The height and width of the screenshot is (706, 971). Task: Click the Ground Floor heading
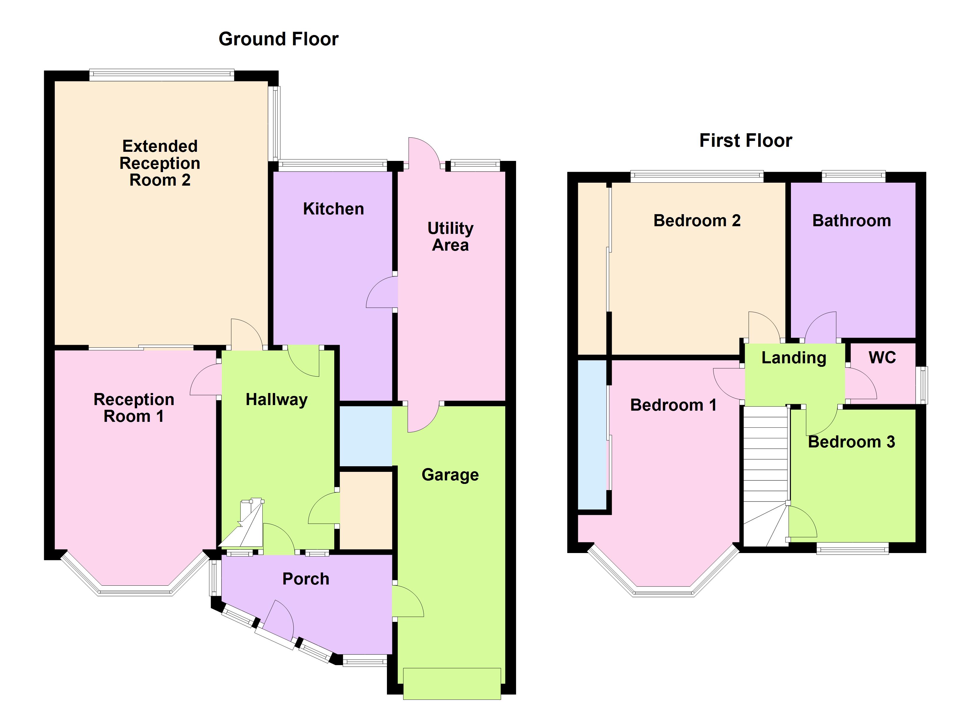tap(278, 39)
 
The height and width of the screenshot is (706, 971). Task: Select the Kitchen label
tap(333, 209)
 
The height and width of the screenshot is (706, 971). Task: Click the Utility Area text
tap(450, 236)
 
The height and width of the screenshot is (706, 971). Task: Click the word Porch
tap(306, 579)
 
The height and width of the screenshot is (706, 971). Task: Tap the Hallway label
tap(277, 399)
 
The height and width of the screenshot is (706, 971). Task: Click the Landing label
tap(794, 357)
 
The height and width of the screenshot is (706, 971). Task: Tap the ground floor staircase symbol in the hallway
tap(244, 527)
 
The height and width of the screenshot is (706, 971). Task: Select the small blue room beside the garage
tap(366, 436)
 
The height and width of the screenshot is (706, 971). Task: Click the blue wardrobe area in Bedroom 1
tap(592, 434)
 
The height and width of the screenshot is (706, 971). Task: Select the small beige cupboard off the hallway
tap(366, 510)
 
